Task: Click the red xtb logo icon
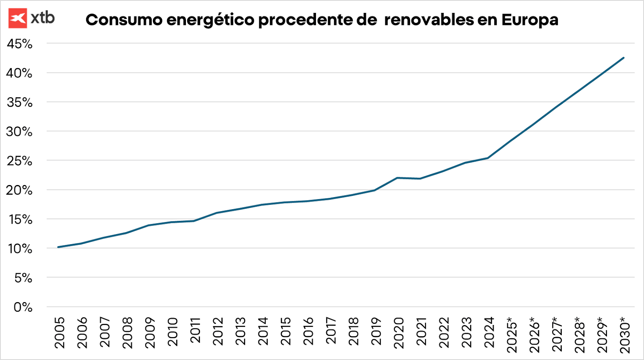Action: pyautogui.click(x=18, y=18)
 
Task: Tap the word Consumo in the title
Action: pyautogui.click(x=124, y=20)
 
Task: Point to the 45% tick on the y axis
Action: pyautogui.click(x=19, y=43)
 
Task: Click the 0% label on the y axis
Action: pyautogui.click(x=23, y=307)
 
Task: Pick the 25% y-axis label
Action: pyautogui.click(x=19, y=161)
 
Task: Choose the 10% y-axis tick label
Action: pyautogui.click(x=19, y=249)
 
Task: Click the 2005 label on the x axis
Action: pyautogui.click(x=60, y=332)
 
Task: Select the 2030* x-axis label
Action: pyautogui.click(x=625, y=335)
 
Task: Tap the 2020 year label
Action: pyautogui.click(x=398, y=332)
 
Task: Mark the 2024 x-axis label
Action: pyautogui.click(x=489, y=332)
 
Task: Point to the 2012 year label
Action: pyautogui.click(x=218, y=332)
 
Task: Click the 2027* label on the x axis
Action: pyautogui.click(x=557, y=335)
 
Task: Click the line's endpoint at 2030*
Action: pyautogui.click(x=623, y=58)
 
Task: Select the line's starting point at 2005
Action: pyautogui.click(x=58, y=247)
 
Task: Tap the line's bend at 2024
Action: pyautogui.click(x=488, y=158)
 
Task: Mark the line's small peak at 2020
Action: pyautogui.click(x=398, y=178)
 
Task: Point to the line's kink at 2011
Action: pyautogui.click(x=194, y=221)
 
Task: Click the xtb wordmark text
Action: pyautogui.click(x=43, y=18)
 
